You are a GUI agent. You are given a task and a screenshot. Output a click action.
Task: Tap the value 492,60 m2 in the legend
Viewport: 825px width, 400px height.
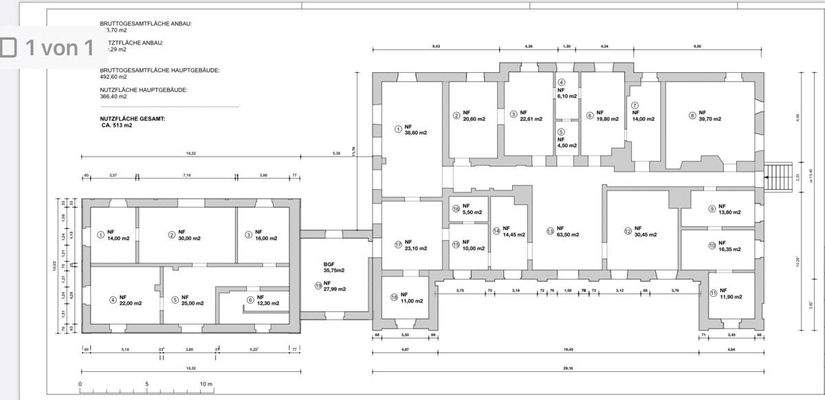pos(117,76)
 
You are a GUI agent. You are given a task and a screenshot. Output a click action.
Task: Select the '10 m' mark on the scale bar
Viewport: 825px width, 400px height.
pos(205,384)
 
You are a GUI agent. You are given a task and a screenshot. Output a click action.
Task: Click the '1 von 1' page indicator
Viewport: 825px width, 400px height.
pos(60,47)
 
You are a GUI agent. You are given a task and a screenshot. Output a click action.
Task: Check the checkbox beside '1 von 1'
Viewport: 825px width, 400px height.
pos(10,47)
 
